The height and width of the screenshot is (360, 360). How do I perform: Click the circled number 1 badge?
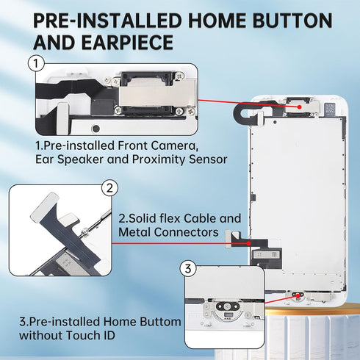(36, 63)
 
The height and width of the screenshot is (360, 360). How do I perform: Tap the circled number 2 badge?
(109, 188)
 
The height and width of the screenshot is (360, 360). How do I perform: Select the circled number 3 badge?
(188, 269)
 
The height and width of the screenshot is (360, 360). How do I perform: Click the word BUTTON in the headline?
(292, 21)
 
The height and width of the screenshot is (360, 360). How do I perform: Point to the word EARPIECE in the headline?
(127, 43)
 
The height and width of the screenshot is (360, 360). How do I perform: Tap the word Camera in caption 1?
(174, 145)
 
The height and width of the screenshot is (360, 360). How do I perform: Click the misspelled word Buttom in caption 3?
(160, 322)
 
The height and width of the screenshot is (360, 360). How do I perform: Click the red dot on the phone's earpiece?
(300, 107)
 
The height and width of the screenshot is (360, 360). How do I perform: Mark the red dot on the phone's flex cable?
(249, 243)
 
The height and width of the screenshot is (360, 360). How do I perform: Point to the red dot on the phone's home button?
(298, 295)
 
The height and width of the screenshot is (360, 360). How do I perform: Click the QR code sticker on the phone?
(330, 108)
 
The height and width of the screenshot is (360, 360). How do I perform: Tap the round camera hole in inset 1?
(96, 128)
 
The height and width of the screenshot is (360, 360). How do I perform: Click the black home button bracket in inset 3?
(227, 306)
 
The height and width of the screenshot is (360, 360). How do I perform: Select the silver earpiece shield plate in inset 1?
(156, 93)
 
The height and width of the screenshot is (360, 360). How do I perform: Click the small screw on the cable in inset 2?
(84, 230)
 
